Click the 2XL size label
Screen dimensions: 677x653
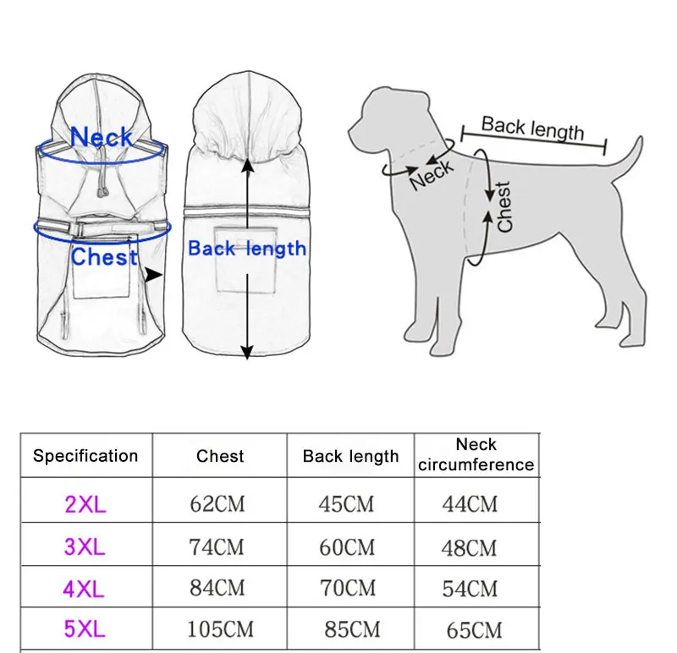85,503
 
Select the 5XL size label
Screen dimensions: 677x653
85,628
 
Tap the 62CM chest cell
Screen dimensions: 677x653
217,503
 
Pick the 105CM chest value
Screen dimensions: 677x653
220,629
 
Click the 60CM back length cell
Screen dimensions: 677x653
347,547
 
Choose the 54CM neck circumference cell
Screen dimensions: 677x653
470,589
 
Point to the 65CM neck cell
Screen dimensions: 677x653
474,630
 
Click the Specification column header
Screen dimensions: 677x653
85,456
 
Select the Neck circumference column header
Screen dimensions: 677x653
476,454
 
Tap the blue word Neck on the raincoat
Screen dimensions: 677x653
102,137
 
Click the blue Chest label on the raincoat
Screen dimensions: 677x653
104,257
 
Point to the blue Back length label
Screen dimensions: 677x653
247,249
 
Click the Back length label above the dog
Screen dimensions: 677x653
533,129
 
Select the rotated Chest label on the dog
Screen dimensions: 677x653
504,207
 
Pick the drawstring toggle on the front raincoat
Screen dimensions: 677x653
102,192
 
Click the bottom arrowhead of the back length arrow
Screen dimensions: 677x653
246,353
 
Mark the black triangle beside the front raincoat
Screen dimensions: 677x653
153,275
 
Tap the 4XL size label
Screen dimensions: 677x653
84,589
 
